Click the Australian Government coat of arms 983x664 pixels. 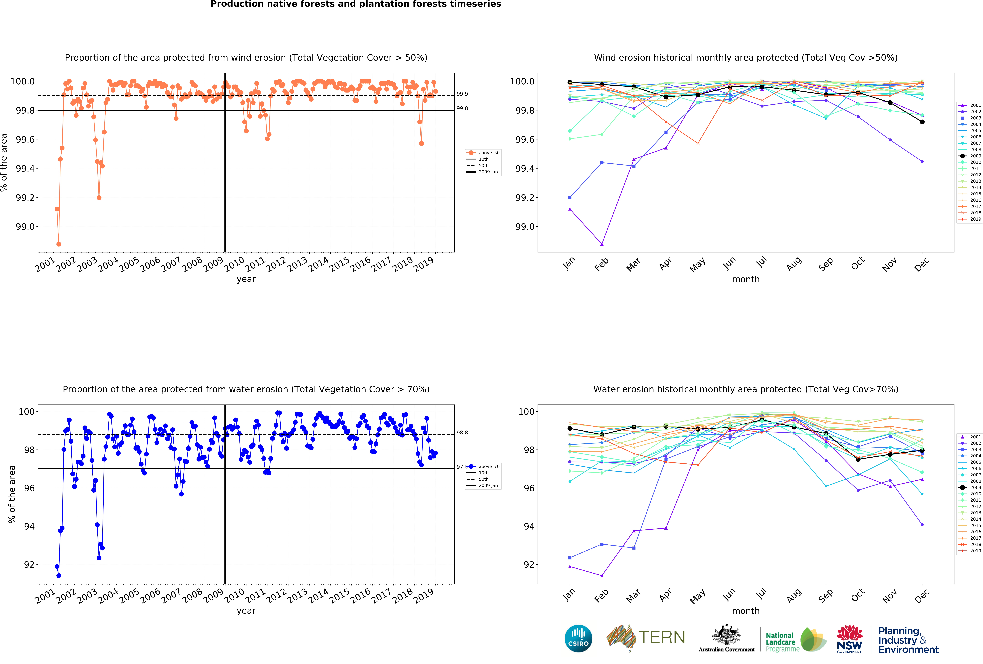pos(726,634)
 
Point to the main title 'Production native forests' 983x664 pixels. pos(355,4)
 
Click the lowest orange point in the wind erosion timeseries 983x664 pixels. pos(59,244)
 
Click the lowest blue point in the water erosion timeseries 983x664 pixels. pos(59,576)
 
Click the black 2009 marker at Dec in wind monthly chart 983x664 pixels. pos(922,122)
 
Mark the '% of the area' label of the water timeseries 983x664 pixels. pos(12,494)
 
